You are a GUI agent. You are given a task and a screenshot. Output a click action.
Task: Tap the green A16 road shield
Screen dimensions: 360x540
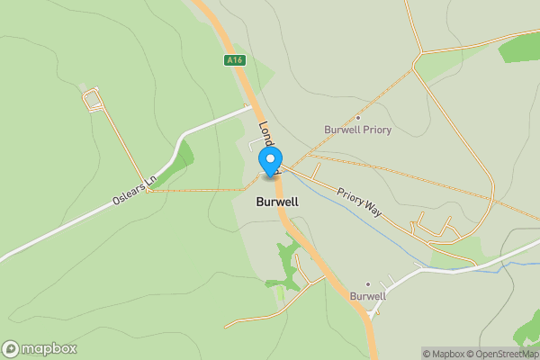[x=235, y=60]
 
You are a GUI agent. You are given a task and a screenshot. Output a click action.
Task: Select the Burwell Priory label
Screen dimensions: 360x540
[x=357, y=130]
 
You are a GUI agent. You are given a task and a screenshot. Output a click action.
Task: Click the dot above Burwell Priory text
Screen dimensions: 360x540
[x=358, y=118]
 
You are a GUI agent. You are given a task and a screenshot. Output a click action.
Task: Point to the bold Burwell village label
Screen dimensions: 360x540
[x=277, y=202]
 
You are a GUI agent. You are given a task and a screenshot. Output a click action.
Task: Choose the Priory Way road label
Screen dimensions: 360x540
[x=361, y=202]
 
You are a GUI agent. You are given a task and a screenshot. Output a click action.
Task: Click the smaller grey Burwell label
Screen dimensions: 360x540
[x=368, y=295]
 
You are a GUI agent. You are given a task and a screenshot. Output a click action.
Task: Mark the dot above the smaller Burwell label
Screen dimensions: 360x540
[x=368, y=283]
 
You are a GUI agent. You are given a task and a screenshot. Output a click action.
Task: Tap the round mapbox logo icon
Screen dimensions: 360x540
[x=12, y=348]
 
